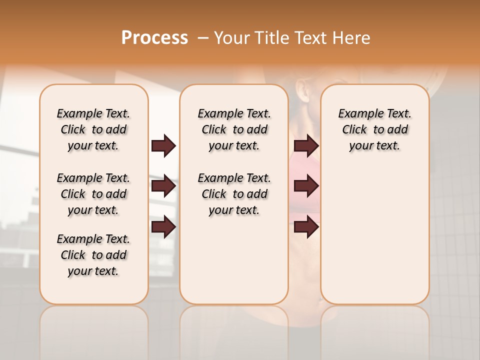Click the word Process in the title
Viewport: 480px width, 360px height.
pyautogui.click(x=154, y=37)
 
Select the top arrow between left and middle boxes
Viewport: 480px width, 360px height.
pyautogui.click(x=163, y=145)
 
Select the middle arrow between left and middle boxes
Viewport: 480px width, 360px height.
pyautogui.click(x=163, y=186)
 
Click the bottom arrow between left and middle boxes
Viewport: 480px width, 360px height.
pyautogui.click(x=163, y=227)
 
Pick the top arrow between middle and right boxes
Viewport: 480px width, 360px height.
pyautogui.click(x=306, y=145)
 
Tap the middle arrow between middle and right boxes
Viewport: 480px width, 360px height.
pyautogui.click(x=306, y=186)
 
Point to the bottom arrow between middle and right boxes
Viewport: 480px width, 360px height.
pyautogui.click(x=306, y=227)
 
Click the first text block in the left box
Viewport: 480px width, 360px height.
pyautogui.click(x=93, y=129)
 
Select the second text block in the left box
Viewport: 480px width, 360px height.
pyautogui.click(x=93, y=194)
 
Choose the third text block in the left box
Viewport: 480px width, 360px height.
pyautogui.click(x=93, y=255)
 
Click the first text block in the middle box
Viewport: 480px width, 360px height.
pyautogui.click(x=234, y=129)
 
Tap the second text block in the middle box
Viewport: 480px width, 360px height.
pyautogui.click(x=234, y=194)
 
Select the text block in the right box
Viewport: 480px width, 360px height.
pyautogui.click(x=374, y=129)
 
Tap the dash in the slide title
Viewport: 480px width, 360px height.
pyautogui.click(x=202, y=37)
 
